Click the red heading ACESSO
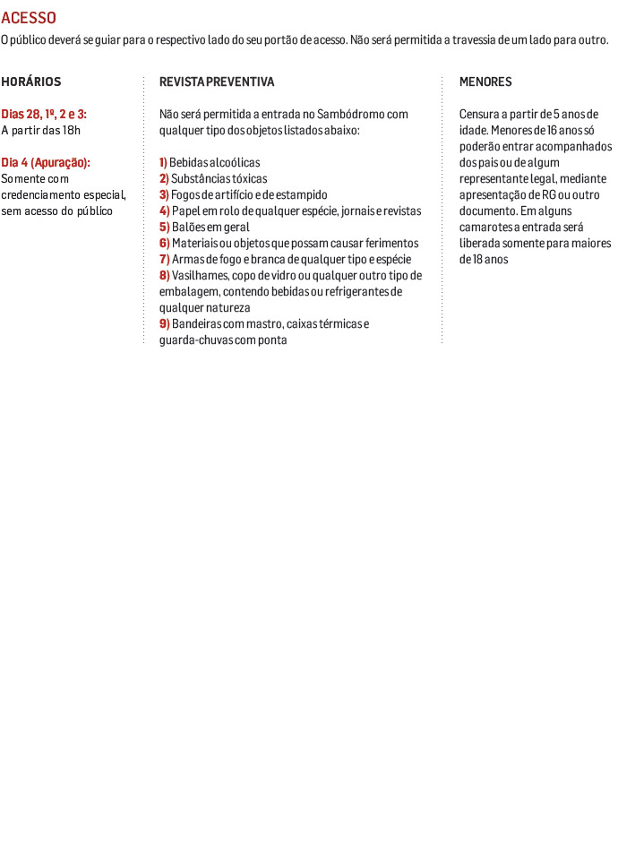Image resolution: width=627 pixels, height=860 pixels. pyautogui.click(x=29, y=18)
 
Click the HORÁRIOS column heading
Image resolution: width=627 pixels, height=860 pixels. pyautogui.click(x=31, y=82)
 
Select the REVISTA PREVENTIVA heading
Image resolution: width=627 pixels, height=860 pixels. pyautogui.click(x=217, y=82)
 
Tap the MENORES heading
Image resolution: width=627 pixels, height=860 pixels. pyautogui.click(x=485, y=82)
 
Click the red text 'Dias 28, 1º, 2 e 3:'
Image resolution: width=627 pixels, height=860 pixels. pyautogui.click(x=44, y=115)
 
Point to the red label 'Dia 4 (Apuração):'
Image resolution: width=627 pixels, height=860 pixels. pyautogui.click(x=46, y=163)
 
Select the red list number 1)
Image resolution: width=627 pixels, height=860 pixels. pyautogui.click(x=164, y=163)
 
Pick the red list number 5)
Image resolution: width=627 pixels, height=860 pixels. pyautogui.click(x=164, y=228)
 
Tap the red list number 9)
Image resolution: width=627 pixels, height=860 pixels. pyautogui.click(x=164, y=324)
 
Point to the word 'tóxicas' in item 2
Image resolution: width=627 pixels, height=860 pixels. pyautogui.click(x=249, y=179)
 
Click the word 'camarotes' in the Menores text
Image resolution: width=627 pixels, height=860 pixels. pyautogui.click(x=487, y=228)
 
